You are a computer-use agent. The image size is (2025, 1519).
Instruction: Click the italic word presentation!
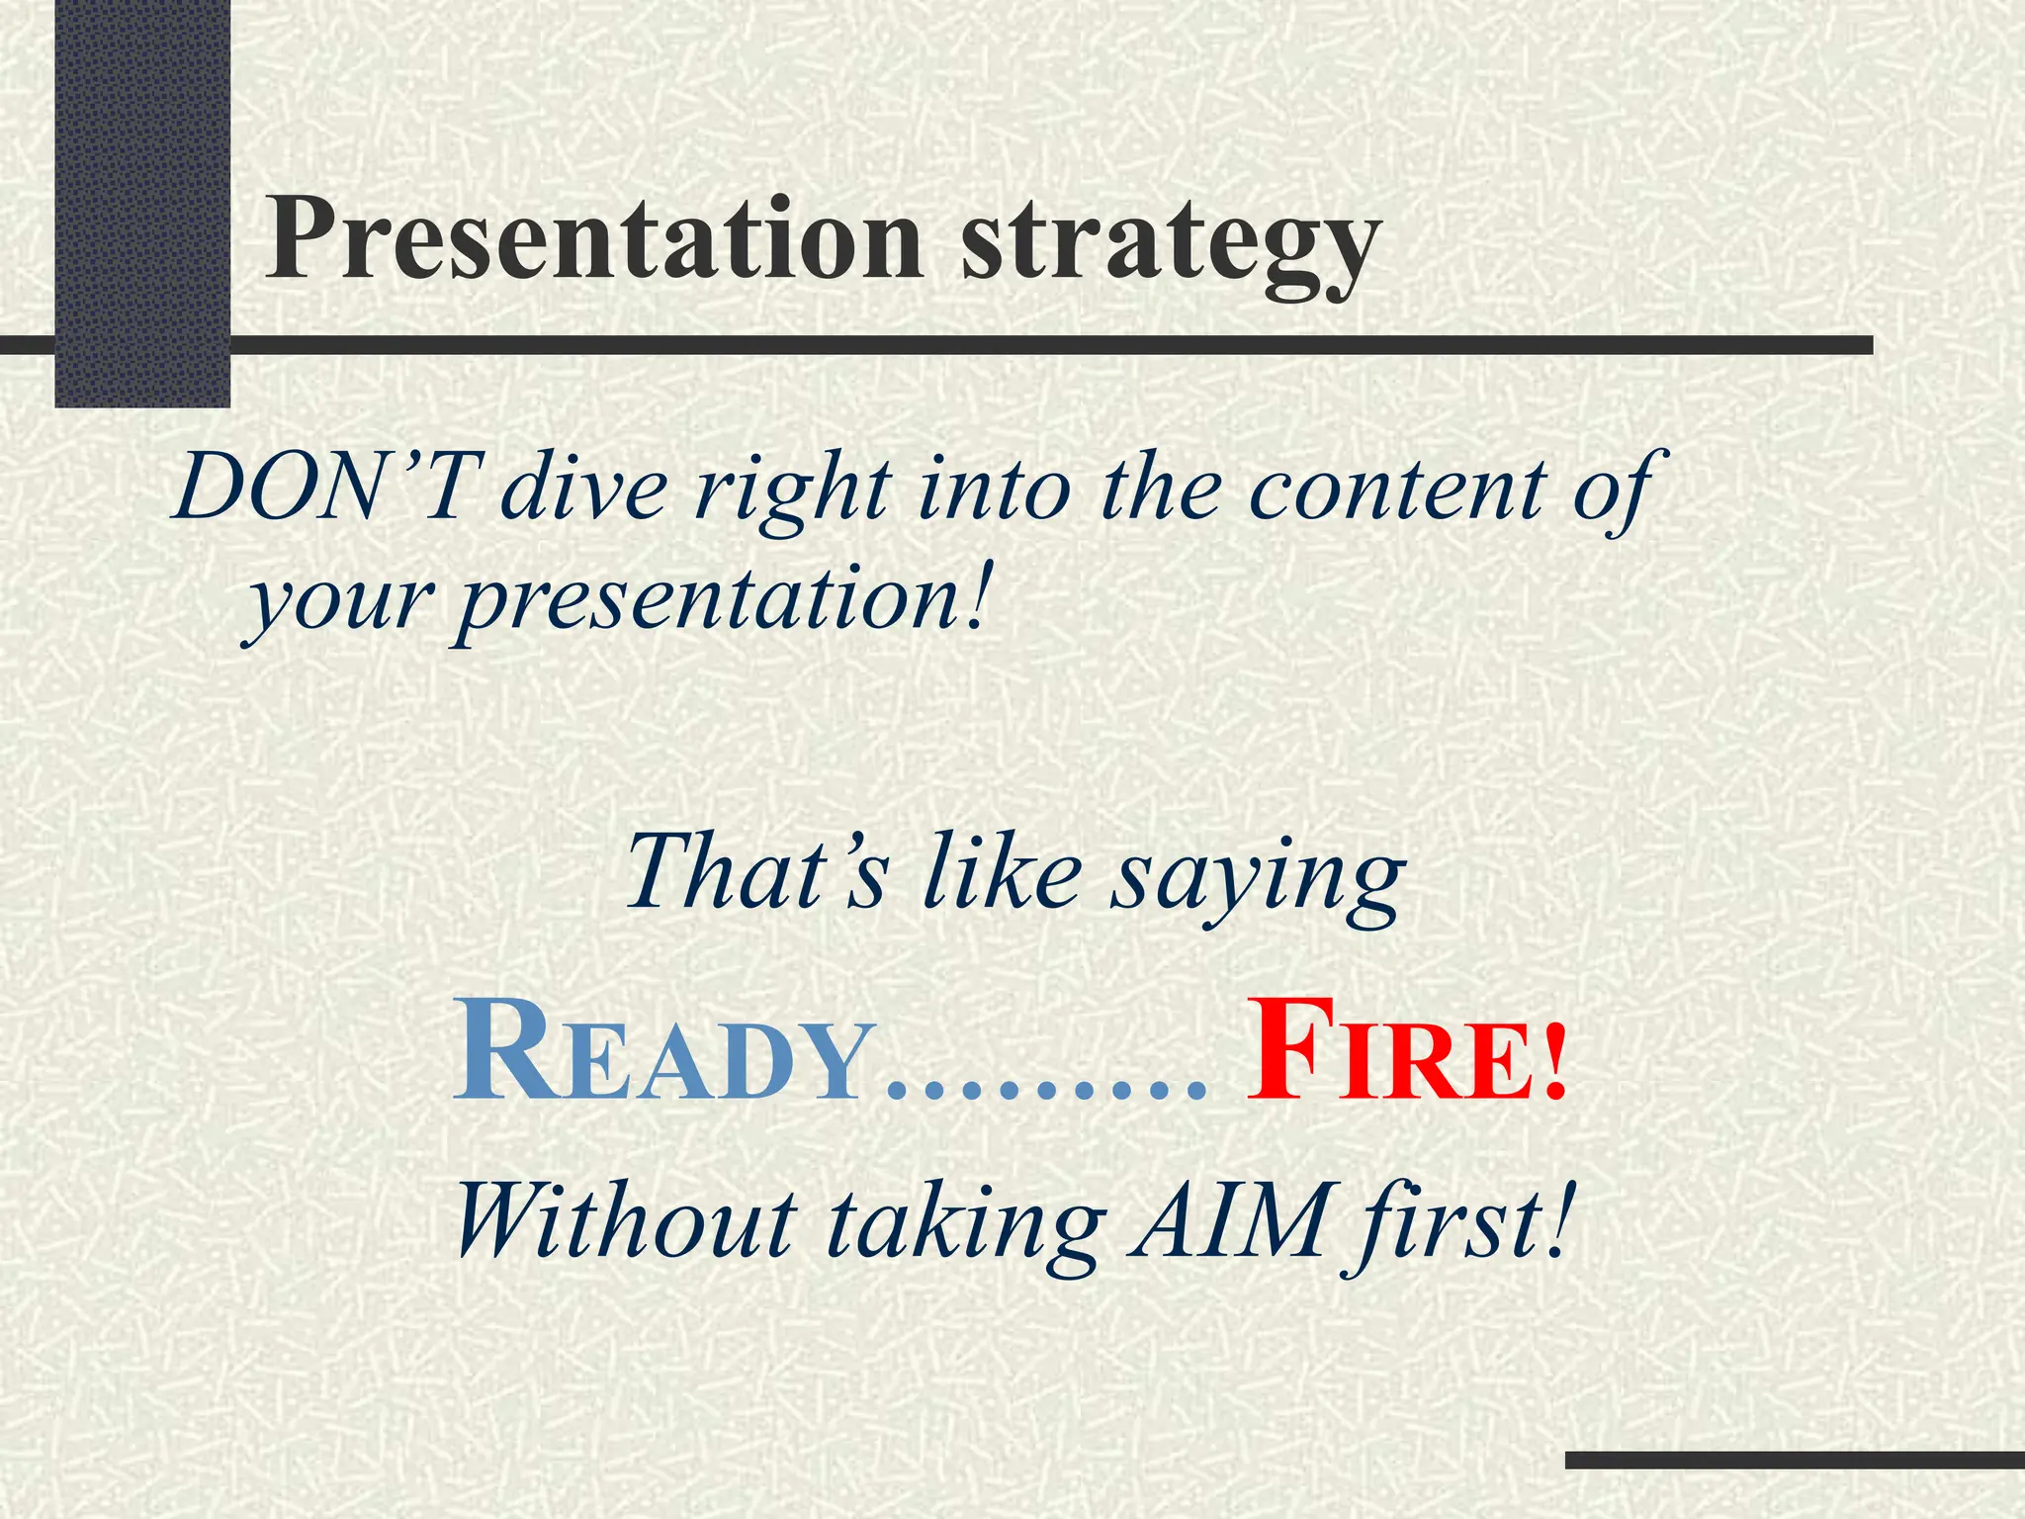[722, 598]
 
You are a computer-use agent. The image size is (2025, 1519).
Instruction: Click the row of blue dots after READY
[1048, 1094]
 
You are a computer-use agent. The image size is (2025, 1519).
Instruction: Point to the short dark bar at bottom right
[1795, 1460]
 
